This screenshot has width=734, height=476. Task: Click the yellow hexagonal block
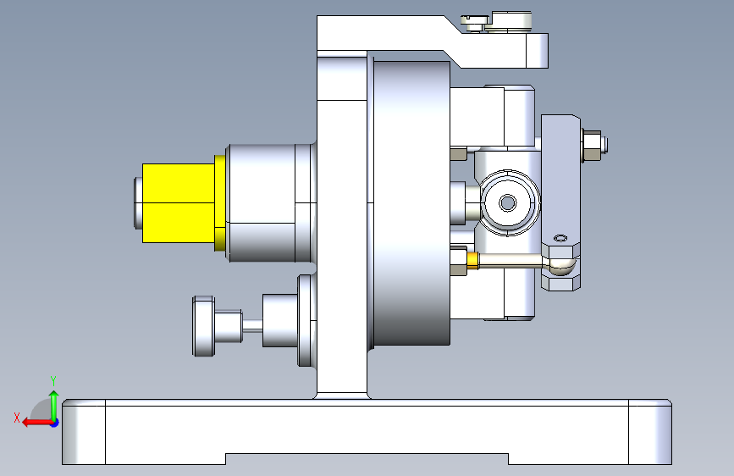point(179,203)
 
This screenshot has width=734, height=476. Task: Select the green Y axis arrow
point(54,405)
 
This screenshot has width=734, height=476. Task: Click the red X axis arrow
point(37,423)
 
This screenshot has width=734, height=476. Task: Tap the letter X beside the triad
point(17,418)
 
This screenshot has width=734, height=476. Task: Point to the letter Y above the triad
point(53,380)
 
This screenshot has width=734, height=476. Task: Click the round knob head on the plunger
point(204,325)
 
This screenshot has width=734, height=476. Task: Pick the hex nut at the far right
point(592,146)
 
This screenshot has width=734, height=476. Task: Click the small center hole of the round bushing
point(507,203)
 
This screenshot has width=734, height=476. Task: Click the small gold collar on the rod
point(472,261)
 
